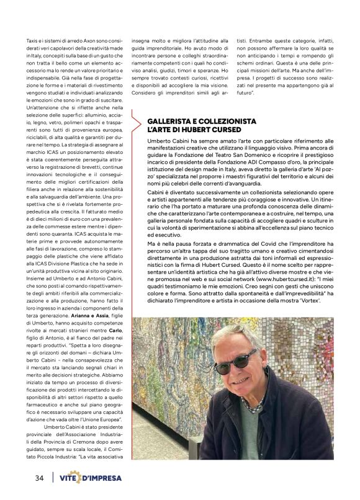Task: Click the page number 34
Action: [38, 478]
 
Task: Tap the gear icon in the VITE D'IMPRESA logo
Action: [83, 478]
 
